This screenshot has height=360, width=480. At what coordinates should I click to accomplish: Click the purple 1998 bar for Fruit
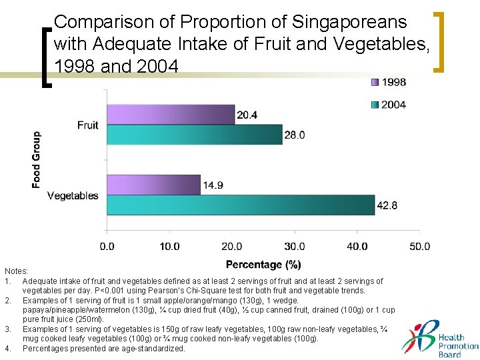tap(171, 115)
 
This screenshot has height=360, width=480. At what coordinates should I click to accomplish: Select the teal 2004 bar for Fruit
tap(195, 135)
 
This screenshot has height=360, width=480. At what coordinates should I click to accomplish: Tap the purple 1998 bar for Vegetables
tap(153, 185)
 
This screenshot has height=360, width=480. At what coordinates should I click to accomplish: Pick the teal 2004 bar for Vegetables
tap(241, 205)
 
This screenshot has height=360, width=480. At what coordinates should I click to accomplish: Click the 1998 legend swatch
tap(376, 83)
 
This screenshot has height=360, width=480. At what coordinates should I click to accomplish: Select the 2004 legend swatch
tap(376, 105)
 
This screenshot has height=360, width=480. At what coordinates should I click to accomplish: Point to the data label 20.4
tap(247, 115)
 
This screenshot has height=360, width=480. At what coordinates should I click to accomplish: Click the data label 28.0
tap(294, 135)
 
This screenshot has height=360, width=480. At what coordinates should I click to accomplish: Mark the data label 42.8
tap(387, 205)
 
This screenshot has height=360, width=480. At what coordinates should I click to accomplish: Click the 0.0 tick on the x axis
tap(107, 246)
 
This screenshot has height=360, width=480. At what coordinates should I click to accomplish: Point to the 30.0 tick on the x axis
tap(295, 246)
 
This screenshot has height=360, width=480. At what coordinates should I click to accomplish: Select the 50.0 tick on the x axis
tap(419, 246)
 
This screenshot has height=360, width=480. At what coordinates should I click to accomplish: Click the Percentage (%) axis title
tap(263, 265)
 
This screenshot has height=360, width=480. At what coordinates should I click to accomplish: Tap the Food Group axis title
tap(36, 159)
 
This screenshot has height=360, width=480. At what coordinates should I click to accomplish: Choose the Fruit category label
tap(87, 125)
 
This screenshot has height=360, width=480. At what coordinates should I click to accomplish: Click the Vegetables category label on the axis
tap(73, 195)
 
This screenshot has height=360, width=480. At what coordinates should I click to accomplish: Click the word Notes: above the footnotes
tap(16, 271)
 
